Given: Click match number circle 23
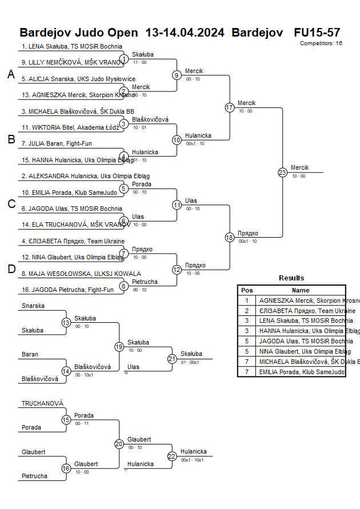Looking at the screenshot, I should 282,172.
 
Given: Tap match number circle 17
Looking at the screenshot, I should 230,107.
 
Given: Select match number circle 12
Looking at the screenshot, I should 177,270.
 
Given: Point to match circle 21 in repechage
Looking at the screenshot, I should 172,359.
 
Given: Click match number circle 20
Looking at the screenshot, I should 119,443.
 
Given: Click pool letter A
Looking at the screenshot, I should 11,74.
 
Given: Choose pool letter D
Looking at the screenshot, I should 11,269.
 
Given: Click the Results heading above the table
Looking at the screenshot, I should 291,278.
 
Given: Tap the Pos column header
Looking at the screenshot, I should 247,290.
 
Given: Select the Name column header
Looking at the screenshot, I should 301,290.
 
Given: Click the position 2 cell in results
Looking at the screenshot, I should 247,311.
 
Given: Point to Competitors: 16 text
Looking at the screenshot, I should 321,43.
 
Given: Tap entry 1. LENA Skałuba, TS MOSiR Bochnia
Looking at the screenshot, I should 72,47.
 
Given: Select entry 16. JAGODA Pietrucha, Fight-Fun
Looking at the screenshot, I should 67,290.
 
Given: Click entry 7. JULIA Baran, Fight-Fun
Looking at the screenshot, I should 57,143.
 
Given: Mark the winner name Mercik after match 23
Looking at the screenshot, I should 299,167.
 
